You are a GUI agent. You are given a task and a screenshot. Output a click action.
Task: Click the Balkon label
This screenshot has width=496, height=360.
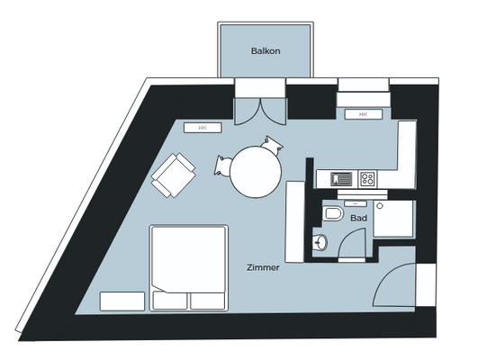[265, 51]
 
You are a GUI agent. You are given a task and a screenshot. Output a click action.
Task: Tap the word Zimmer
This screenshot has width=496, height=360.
[264, 267]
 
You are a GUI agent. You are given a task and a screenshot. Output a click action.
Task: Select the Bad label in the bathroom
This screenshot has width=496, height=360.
[357, 218]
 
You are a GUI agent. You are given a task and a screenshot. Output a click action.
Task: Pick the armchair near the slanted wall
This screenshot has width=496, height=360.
[174, 175]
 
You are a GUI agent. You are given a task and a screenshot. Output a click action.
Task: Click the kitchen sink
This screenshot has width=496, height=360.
[340, 178]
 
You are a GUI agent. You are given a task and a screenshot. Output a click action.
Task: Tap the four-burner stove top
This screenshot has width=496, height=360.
[367, 178]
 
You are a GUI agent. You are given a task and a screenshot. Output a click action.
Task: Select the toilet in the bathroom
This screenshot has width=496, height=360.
[331, 214]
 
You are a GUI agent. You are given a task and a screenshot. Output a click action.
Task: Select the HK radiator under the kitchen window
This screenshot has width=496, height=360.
[363, 114]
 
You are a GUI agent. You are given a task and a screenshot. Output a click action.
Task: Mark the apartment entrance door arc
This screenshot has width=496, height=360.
[396, 288]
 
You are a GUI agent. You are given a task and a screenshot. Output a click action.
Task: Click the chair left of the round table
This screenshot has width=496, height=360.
[224, 165]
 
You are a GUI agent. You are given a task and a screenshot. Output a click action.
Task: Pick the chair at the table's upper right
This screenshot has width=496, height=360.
[272, 143]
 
